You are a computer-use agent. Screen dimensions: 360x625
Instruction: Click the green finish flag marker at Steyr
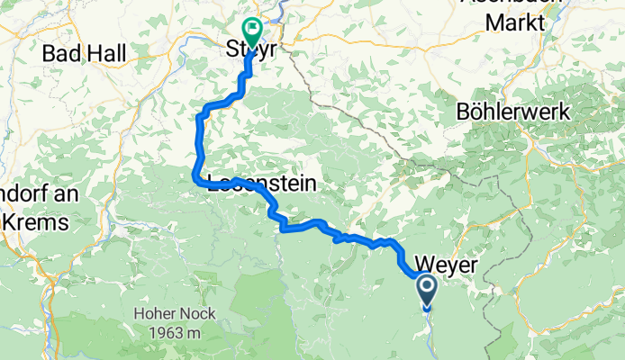(x=250, y=32)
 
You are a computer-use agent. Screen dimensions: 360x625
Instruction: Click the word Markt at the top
(x=516, y=21)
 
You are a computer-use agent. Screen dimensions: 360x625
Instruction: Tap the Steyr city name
(x=251, y=53)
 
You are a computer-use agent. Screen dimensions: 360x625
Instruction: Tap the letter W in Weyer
(x=424, y=263)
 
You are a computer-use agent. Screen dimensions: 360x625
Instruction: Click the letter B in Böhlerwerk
(x=463, y=114)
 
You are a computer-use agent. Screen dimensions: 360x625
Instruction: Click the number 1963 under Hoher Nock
(x=164, y=331)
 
